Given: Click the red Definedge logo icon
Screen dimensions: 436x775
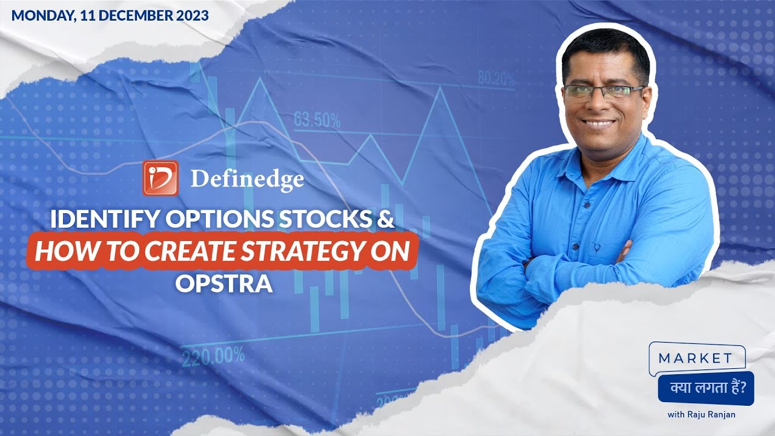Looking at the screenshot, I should click(x=160, y=178).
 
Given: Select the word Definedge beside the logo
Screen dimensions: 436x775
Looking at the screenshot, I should click(x=247, y=179).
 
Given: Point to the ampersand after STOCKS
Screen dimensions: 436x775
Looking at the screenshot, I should click(x=386, y=220).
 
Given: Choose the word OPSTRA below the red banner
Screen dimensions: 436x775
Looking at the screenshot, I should click(x=224, y=283).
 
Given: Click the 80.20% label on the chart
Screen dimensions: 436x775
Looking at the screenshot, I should click(x=496, y=79).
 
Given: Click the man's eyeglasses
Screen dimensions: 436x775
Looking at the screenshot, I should click(x=602, y=92).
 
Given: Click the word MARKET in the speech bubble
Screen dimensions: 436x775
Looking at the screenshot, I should click(x=695, y=358).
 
